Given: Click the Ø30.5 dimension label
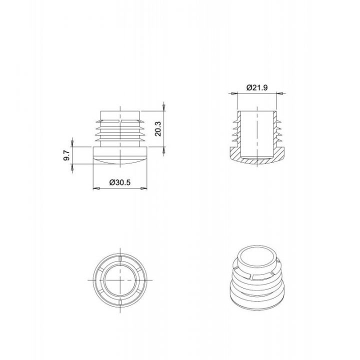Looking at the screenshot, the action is point(120,182).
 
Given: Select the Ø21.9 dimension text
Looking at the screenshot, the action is point(257,87).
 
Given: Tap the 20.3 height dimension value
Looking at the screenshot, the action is point(158,129).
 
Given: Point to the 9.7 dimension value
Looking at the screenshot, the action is point(66,155).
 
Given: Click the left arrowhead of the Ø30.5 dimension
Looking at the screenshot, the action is point(96,188).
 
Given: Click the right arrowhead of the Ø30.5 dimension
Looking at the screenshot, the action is point(144,188).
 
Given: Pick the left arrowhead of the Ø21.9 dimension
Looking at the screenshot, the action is point(234,93).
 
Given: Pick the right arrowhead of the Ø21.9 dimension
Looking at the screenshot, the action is point(279,93).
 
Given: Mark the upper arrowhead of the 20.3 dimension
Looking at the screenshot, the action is point(163,107).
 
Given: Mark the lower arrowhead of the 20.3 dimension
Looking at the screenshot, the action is point(163,150).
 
